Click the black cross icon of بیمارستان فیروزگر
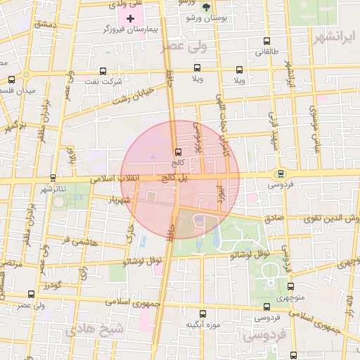[130, 17]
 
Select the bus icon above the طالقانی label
[266, 41]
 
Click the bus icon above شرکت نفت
[103, 71]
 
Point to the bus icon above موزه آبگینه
[203, 314]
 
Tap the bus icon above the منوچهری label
[290, 286]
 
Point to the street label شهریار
[120, 200]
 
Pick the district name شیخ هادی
[93, 330]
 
